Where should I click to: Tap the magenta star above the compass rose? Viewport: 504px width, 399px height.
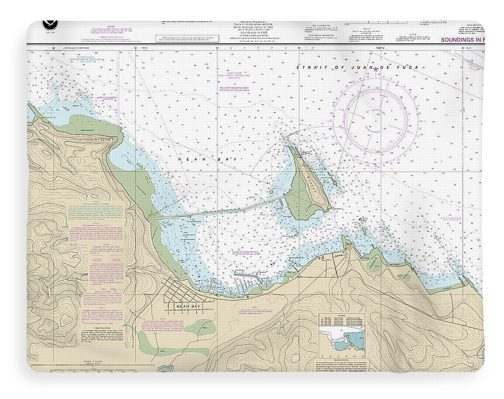[x=375, y=69]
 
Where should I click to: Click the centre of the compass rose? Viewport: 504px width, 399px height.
[x=375, y=121]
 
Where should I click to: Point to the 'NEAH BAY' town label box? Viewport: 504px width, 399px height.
[x=188, y=306]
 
